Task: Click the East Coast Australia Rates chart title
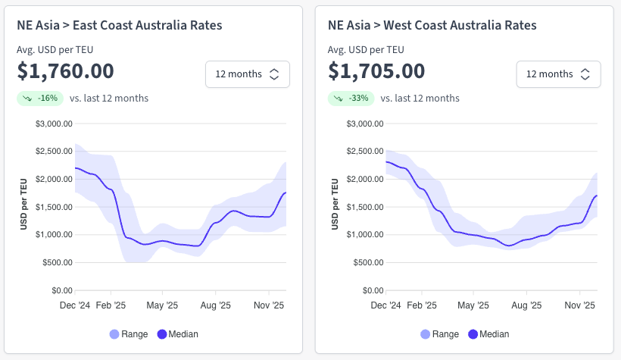(x=120, y=26)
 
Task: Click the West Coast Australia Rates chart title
(x=432, y=26)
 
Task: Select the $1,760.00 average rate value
(x=65, y=71)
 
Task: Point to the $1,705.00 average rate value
(x=377, y=71)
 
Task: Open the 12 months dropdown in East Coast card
(x=247, y=74)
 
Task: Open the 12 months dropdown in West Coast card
(x=558, y=74)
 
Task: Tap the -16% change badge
(x=40, y=98)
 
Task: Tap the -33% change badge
(x=351, y=98)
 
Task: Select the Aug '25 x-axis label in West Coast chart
(x=526, y=306)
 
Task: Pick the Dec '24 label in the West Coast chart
(x=385, y=306)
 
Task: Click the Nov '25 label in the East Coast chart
(x=269, y=306)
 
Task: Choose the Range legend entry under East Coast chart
(x=129, y=334)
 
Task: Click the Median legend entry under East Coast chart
(x=177, y=334)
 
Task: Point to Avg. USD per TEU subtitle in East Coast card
(x=55, y=50)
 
